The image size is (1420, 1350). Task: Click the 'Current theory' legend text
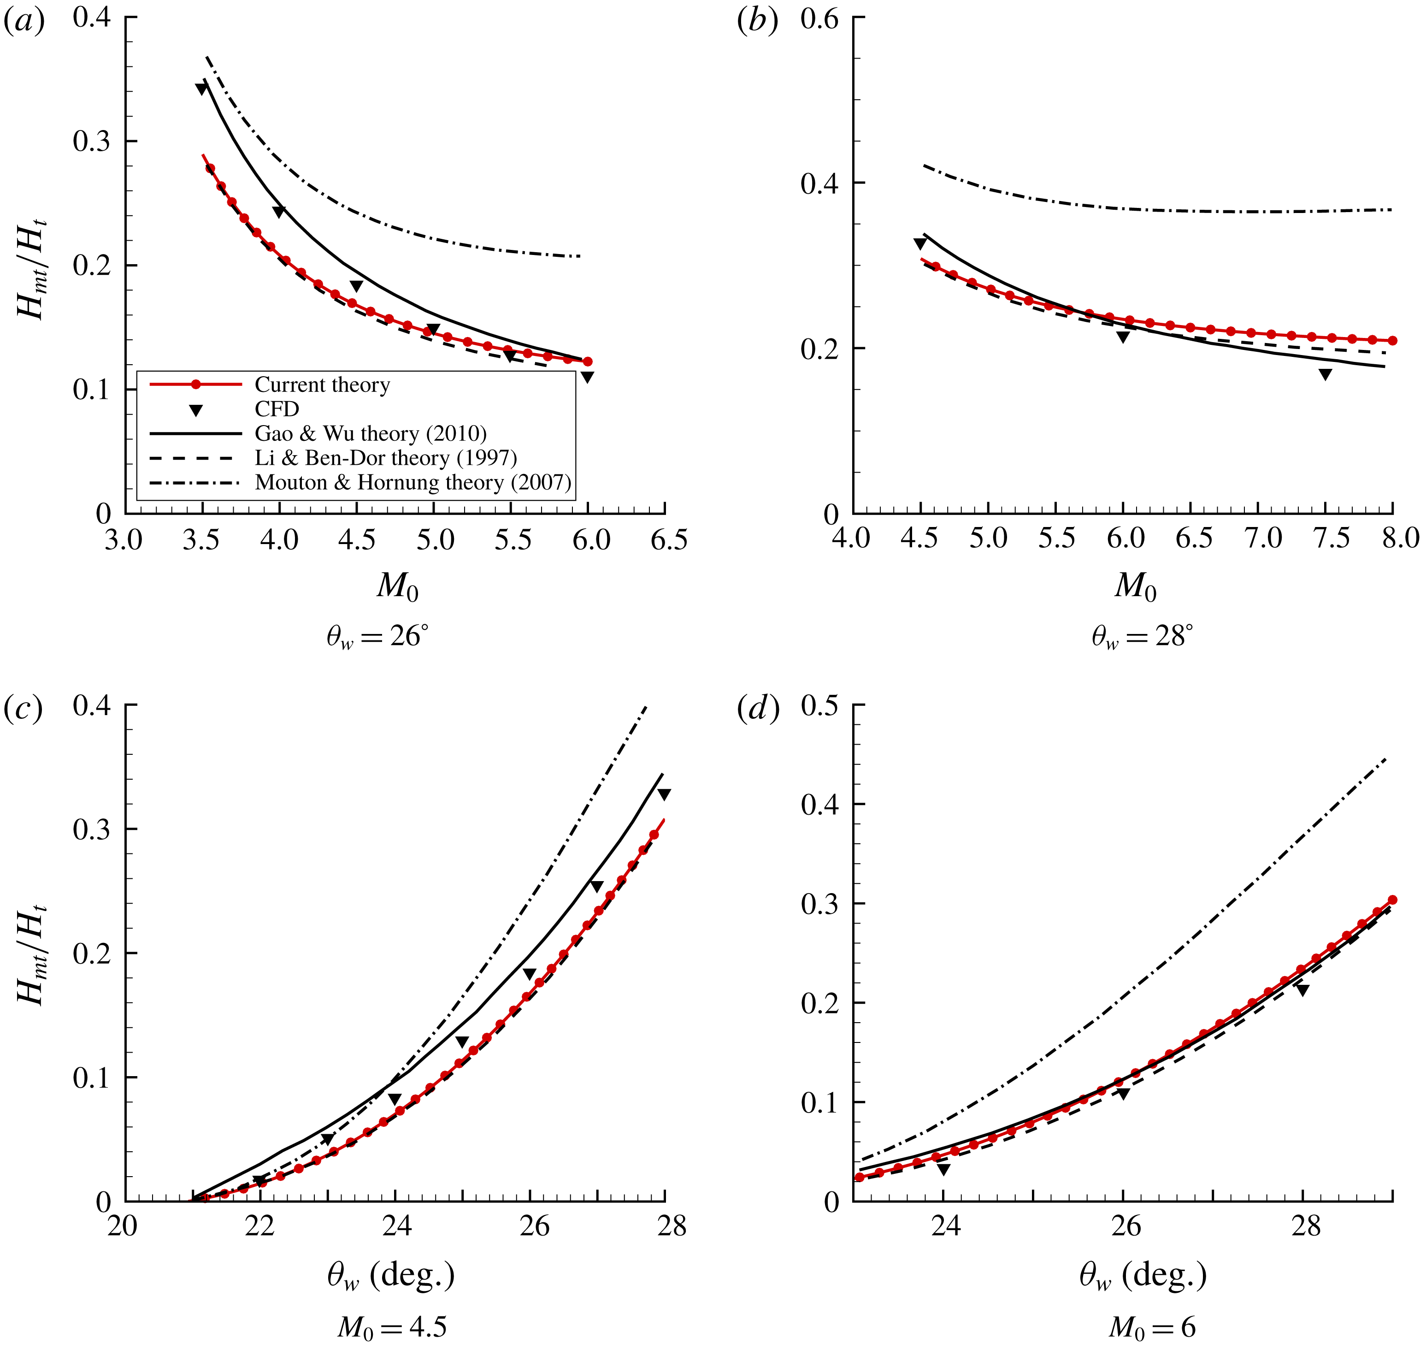(x=322, y=385)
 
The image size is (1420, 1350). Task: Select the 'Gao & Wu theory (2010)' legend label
(x=371, y=433)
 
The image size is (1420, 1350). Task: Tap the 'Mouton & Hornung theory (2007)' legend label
(x=413, y=482)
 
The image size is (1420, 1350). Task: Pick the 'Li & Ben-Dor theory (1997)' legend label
(x=386, y=458)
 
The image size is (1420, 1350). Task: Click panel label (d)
(x=758, y=710)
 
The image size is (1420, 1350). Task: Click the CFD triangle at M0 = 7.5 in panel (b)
(x=1325, y=374)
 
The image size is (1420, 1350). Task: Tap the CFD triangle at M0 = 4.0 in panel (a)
(x=279, y=212)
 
